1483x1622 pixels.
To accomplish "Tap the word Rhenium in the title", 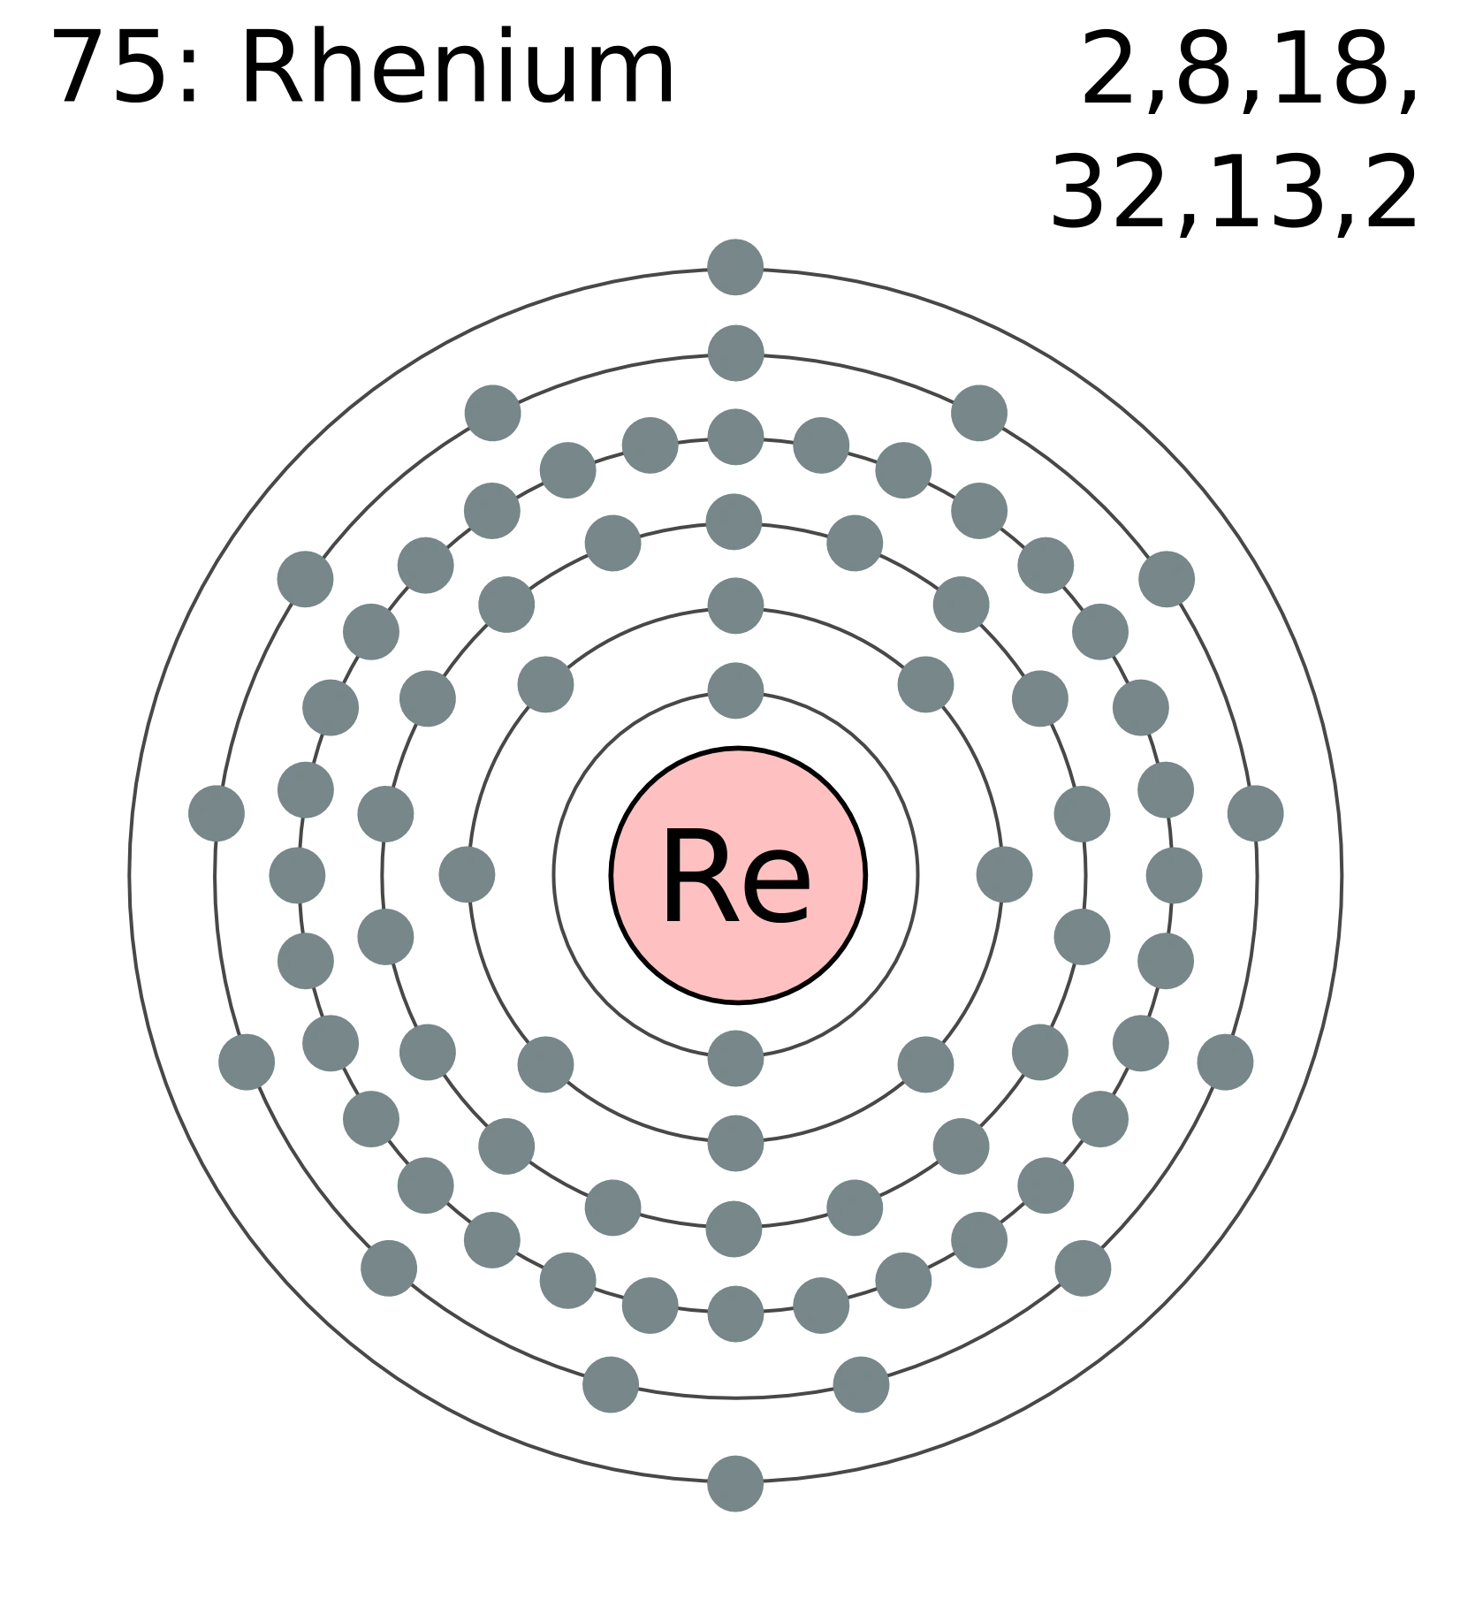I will [455, 69].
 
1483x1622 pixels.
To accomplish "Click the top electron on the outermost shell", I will [736, 264].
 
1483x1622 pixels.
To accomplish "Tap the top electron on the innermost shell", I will [736, 689].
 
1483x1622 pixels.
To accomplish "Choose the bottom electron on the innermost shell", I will [736, 1057].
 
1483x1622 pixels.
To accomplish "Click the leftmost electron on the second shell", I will [469, 876].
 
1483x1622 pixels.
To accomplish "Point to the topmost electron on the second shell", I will [736, 605].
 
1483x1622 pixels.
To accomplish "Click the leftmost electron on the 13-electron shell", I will [216, 811].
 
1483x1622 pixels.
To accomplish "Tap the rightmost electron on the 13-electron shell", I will [1256, 811].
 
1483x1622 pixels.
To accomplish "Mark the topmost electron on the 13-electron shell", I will [736, 351].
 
